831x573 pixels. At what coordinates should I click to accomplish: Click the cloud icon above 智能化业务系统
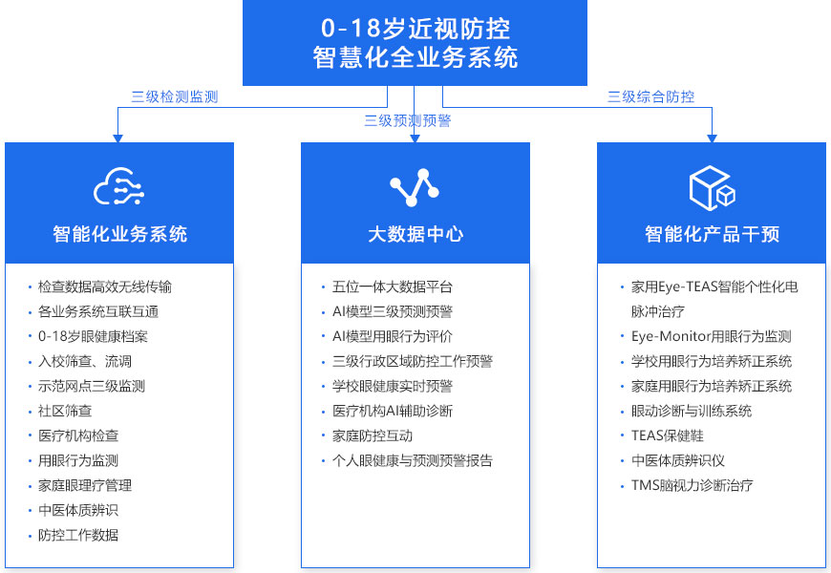coord(118,186)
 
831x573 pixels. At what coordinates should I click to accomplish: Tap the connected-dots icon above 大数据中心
coord(415,187)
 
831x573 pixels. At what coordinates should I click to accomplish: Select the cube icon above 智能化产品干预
coord(712,187)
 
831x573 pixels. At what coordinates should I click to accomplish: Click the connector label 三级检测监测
coord(175,96)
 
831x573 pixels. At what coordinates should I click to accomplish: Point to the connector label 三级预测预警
coord(407,121)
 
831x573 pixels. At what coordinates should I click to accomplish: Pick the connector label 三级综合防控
coord(650,96)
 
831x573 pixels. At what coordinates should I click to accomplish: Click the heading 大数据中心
coord(415,234)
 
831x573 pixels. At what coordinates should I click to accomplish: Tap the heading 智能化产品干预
coord(712,234)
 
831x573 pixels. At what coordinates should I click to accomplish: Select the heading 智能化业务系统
coord(119,234)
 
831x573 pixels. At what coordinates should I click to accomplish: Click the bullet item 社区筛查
coord(65,411)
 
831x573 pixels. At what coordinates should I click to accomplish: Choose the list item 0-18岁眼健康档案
coord(93,336)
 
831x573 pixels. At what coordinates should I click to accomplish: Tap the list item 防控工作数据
coord(78,535)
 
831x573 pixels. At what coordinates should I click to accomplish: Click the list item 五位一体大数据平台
coord(393,286)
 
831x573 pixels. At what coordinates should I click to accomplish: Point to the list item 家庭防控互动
coord(373,435)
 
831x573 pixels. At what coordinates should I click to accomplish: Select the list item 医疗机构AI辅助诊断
coord(393,411)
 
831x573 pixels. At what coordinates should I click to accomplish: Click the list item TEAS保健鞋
coord(668,435)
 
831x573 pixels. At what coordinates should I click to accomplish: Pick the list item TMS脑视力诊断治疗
coord(692,485)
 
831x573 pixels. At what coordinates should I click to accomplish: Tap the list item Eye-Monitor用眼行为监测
coord(712,336)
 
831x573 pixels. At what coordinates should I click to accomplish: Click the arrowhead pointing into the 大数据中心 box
coord(415,138)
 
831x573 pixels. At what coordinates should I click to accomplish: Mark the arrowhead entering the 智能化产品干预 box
coord(712,138)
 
